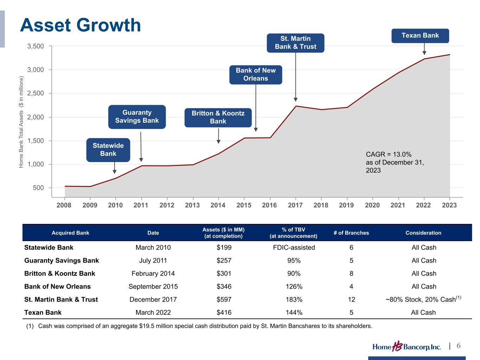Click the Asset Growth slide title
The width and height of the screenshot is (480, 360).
pos(81,25)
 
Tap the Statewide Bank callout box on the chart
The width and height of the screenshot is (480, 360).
pos(108,150)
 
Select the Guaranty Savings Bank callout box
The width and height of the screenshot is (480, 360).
pos(137,117)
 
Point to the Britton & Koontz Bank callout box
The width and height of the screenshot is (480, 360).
pos(218,117)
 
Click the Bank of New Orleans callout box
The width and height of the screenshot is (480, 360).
pos(256,75)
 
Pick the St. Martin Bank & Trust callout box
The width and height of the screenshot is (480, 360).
pos(295,43)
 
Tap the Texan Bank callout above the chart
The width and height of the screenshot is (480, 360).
pos(420,36)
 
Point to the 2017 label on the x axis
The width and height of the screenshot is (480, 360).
pos(295,205)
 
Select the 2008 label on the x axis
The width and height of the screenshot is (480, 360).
pos(64,205)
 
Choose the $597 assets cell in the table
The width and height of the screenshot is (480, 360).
pos(224,300)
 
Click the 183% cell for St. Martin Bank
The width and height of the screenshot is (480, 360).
pos(294,300)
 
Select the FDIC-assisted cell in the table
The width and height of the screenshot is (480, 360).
pos(294,247)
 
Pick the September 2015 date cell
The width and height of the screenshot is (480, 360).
pos(153,287)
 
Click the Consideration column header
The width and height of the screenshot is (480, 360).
pos(423,233)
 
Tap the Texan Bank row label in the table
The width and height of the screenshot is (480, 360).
pos(43,313)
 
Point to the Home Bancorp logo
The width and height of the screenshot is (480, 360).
pos(407,347)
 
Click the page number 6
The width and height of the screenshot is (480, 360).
pos(459,346)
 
